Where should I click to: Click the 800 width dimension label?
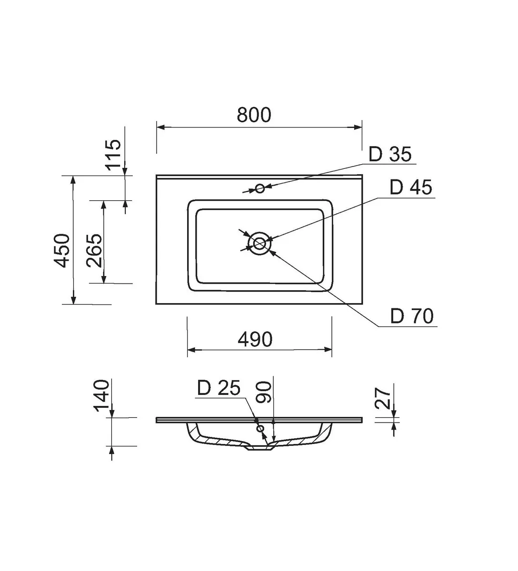pos(254,115)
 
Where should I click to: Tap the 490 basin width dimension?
pos(255,339)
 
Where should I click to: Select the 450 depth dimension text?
pos(62,250)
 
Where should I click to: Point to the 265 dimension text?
pos(94,250)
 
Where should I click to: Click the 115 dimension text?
pos(114,155)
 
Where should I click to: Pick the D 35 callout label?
pos(390,155)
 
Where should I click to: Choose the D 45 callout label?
pos(410,187)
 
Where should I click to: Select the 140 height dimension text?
pos(102,396)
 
